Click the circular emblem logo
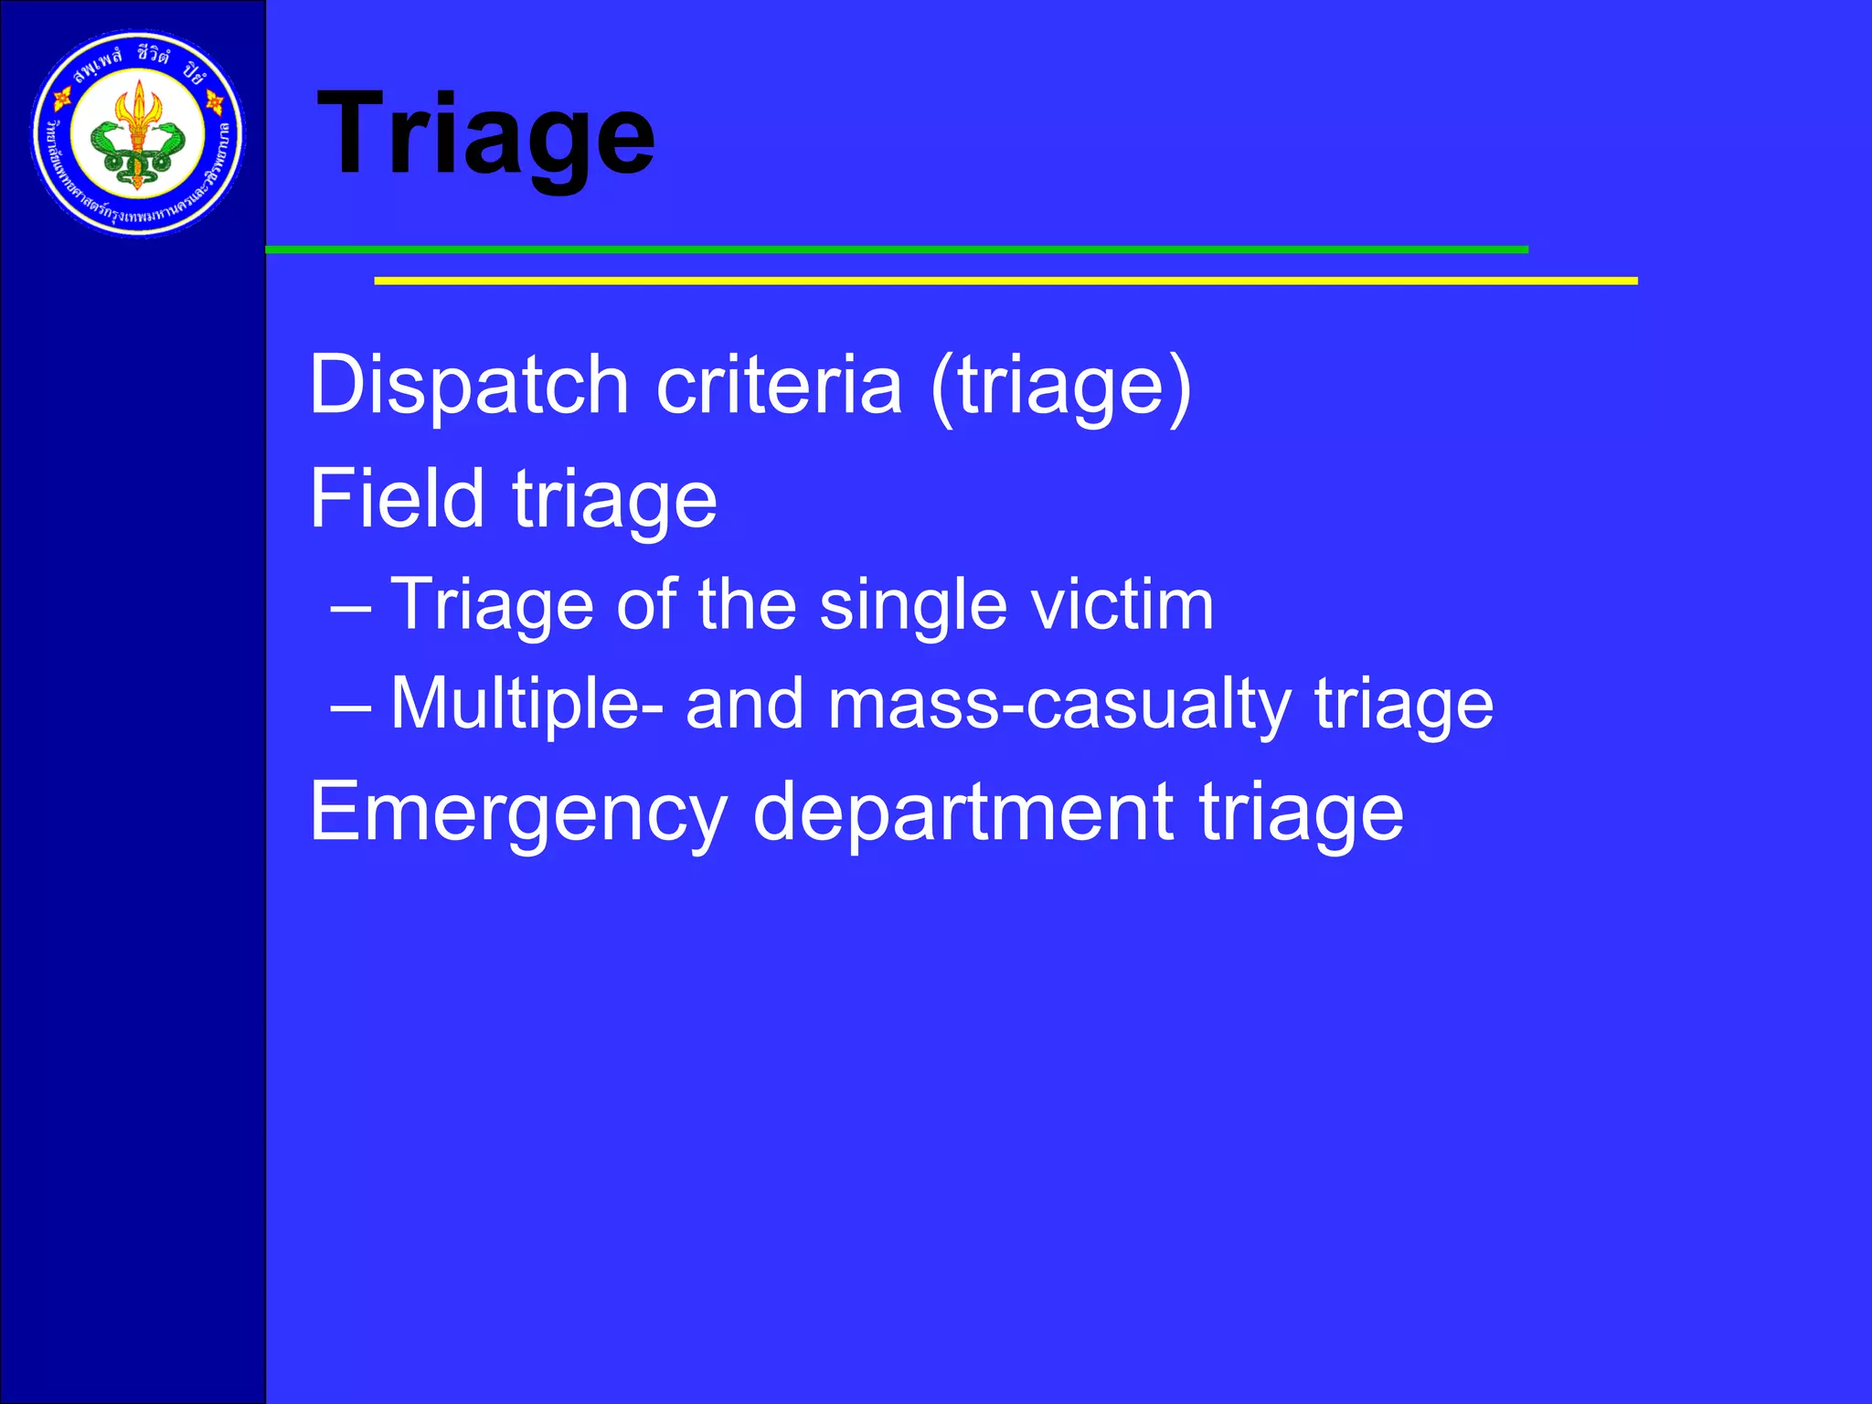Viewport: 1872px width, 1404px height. (138, 134)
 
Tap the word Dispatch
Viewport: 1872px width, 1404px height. (469, 385)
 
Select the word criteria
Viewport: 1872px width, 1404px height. (780, 385)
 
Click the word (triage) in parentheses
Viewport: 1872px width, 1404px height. (1061, 387)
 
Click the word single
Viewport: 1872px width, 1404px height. (913, 605)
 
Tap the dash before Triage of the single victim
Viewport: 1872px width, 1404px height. (351, 607)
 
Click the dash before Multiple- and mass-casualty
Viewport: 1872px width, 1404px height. (351, 707)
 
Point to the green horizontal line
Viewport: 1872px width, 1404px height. (896, 250)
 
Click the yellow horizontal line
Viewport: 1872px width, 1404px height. (1005, 281)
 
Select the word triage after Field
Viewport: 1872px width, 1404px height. (614, 500)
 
